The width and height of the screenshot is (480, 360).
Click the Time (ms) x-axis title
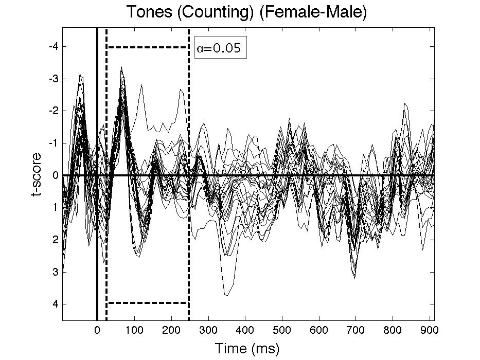(x=247, y=349)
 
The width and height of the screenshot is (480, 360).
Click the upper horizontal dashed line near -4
(x=148, y=47)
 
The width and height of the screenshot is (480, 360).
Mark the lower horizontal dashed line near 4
(x=148, y=303)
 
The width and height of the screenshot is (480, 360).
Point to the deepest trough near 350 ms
(x=226, y=295)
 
